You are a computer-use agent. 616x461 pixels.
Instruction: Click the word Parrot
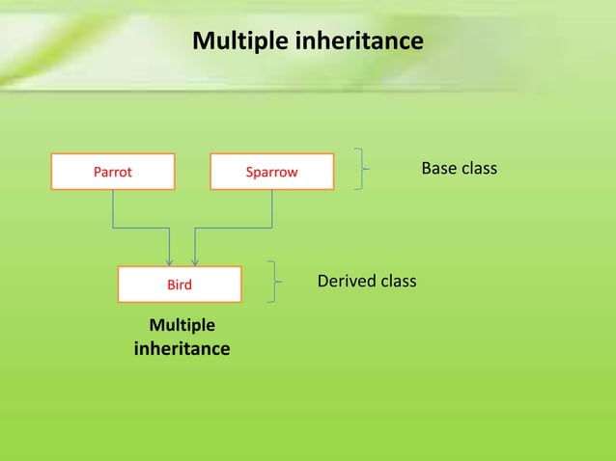112,173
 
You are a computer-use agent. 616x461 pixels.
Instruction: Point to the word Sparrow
271,173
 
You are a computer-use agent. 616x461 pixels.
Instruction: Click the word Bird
180,285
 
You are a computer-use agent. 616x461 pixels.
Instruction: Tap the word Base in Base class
440,169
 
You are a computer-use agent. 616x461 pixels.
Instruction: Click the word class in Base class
479,169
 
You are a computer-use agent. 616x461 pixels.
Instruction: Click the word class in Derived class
398,282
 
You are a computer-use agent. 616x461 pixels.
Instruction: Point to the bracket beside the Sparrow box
361,170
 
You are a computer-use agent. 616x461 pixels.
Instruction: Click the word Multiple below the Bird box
182,325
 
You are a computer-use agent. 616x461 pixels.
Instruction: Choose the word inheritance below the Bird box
182,348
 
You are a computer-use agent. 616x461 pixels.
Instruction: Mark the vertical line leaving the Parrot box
113,208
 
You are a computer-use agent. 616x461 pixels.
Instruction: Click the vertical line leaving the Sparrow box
272,208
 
